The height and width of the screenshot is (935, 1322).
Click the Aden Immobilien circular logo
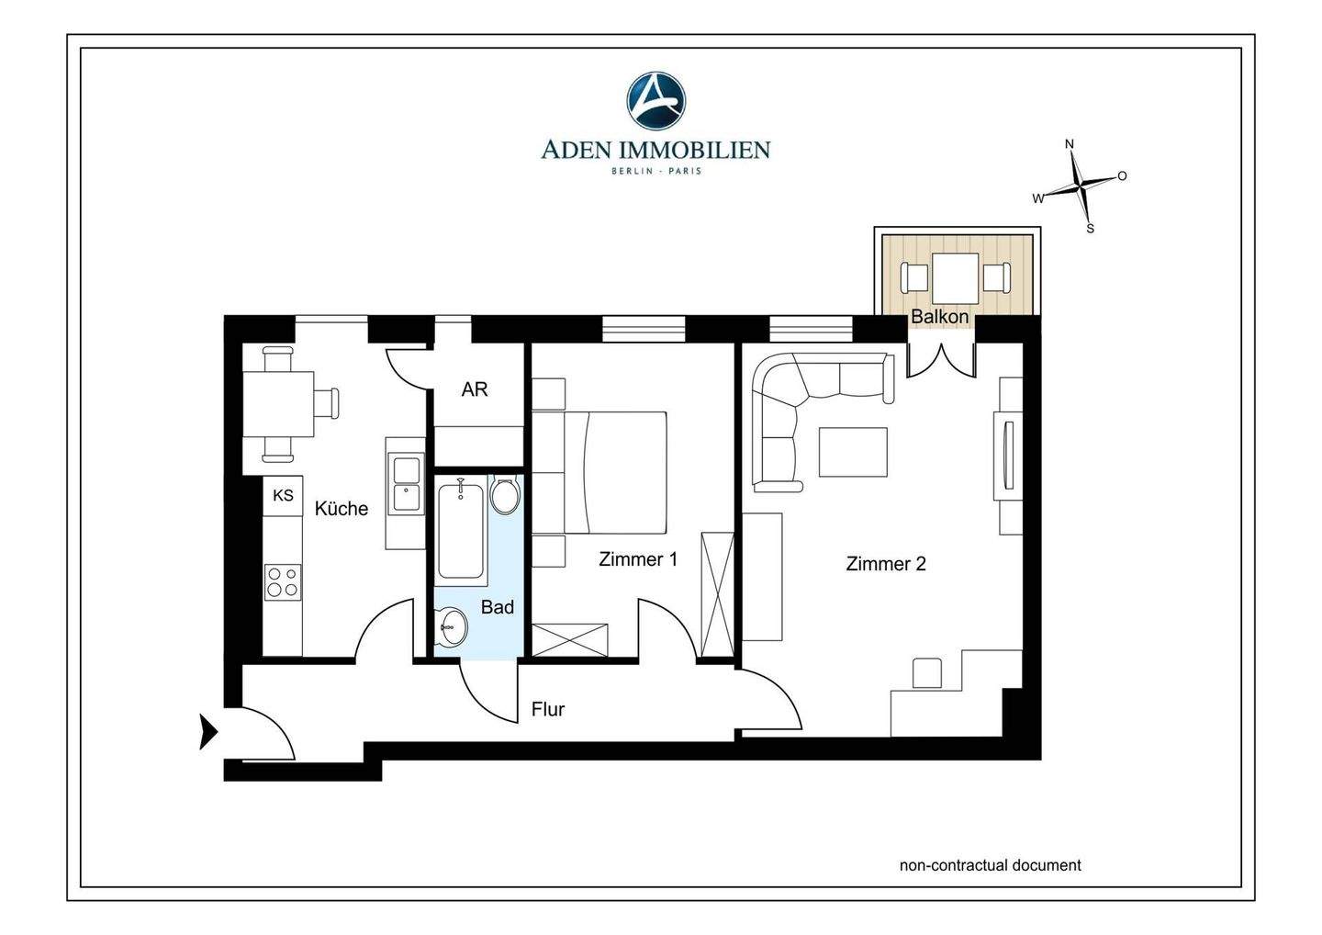coord(655,101)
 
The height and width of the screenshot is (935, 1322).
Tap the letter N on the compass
coord(1069,144)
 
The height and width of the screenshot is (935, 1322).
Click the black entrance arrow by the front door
coord(208,732)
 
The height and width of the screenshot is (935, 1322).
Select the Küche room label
coord(342,508)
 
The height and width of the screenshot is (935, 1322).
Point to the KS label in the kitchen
coord(283,495)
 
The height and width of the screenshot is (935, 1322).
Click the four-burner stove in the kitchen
coord(283,582)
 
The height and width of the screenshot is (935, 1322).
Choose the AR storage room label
coord(475,389)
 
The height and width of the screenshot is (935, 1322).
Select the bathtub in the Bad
coord(461,530)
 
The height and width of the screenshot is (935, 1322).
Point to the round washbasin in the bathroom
coord(451,627)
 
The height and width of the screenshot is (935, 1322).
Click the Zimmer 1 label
coord(637,559)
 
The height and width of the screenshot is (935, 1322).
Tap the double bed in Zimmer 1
coord(615,472)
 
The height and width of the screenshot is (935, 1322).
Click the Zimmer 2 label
coord(886,564)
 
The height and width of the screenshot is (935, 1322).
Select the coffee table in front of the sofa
coord(853,452)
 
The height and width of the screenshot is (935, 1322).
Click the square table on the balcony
coord(956,277)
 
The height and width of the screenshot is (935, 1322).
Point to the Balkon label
coord(939,316)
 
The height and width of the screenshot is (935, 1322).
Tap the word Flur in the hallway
coord(548,709)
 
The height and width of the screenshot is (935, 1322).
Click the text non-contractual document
coord(991,865)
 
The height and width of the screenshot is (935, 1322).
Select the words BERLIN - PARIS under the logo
coord(656,171)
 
